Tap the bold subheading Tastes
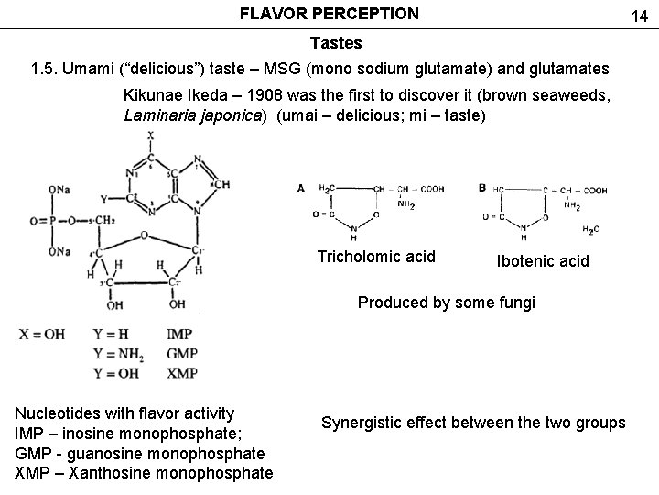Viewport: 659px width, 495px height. [336, 43]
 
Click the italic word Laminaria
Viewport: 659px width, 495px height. [161, 116]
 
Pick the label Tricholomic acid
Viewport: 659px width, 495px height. [376, 257]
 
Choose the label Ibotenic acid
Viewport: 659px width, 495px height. [543, 262]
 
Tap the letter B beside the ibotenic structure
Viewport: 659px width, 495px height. [482, 187]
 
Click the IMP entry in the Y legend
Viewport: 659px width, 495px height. [181, 335]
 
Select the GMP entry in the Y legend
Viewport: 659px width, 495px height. [182, 354]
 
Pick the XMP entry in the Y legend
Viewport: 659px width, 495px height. [182, 373]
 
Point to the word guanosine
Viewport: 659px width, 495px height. [100, 454]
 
